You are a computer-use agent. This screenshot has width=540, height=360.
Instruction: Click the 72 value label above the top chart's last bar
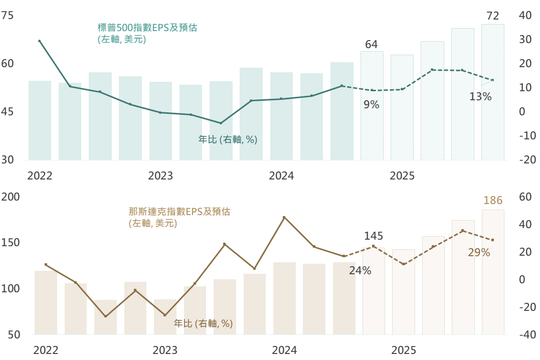[x=493, y=16]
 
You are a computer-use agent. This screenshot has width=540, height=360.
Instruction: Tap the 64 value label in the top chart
[x=371, y=44]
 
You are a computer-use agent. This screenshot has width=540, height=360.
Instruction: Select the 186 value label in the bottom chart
[x=493, y=201]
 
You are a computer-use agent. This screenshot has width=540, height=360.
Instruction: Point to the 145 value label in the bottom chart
[x=374, y=236]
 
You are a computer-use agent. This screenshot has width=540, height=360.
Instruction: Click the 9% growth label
[x=371, y=105]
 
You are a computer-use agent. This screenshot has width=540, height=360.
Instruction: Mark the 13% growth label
[x=480, y=97]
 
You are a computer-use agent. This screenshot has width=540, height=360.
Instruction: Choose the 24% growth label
[x=360, y=271]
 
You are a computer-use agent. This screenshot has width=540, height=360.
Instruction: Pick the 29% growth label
[x=479, y=253]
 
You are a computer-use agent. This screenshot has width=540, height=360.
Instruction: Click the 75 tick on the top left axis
[x=8, y=16]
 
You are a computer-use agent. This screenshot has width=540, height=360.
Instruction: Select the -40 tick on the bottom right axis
[x=524, y=334]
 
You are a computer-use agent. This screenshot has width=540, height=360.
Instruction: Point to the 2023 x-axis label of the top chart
[x=160, y=176]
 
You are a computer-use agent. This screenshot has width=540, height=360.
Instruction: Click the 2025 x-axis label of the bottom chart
[x=404, y=350]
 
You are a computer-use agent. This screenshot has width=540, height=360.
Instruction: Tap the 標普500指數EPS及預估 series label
[x=147, y=28]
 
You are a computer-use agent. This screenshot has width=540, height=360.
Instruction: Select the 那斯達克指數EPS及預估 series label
[x=179, y=212]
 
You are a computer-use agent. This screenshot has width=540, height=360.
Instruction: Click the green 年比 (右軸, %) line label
[x=228, y=140]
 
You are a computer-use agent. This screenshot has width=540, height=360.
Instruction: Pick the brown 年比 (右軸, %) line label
[x=203, y=323]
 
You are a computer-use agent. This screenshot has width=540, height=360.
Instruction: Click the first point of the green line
[x=39, y=41]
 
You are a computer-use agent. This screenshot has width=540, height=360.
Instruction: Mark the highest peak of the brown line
[x=284, y=218]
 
